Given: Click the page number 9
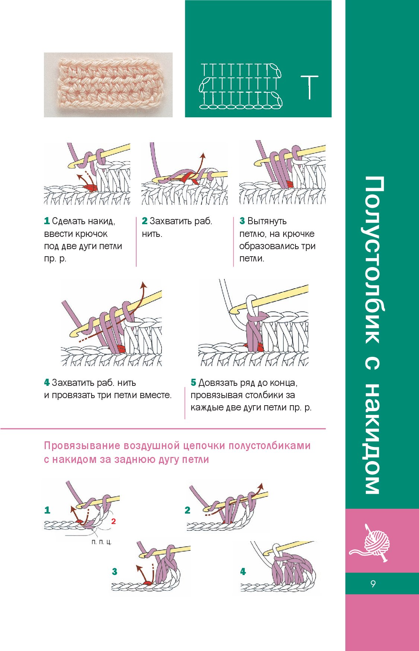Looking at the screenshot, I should pos(373,584).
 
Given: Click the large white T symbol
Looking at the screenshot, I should pos(309,88).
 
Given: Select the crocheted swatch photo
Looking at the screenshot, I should pos(108,85).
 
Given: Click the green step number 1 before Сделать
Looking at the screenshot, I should pos(47,221).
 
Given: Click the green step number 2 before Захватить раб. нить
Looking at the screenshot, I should pos(145,221).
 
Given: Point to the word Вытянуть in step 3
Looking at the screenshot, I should pos(267,221).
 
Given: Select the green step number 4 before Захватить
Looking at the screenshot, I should pos(47,382).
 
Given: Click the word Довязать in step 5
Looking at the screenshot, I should pos(218,382).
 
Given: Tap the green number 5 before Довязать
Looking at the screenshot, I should pos(193,382).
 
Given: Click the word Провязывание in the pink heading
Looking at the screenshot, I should pos(82,446).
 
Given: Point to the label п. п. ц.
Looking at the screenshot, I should pos(101,542).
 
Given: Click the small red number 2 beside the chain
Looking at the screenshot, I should pos(113,521).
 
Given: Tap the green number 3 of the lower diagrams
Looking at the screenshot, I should pos(115,572).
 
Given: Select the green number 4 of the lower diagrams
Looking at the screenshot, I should pos(243,572).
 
